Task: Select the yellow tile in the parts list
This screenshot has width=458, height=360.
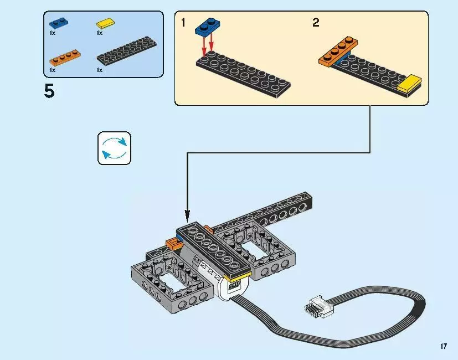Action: pyautogui.click(x=105, y=24)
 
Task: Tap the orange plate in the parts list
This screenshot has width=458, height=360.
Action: pyautogui.click(x=65, y=57)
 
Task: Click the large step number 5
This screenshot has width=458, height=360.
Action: pyautogui.click(x=49, y=91)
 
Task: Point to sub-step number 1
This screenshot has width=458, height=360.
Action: pyautogui.click(x=183, y=23)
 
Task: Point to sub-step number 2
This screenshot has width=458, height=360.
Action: pyautogui.click(x=316, y=23)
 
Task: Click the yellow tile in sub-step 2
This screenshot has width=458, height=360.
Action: pyautogui.click(x=410, y=84)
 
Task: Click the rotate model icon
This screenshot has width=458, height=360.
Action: pyautogui.click(x=115, y=148)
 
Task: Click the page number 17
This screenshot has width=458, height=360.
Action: pyautogui.click(x=444, y=346)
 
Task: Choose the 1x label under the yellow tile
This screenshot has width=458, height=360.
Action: pyautogui.click(x=100, y=33)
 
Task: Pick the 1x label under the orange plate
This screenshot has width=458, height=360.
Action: pyautogui.click(x=53, y=70)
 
